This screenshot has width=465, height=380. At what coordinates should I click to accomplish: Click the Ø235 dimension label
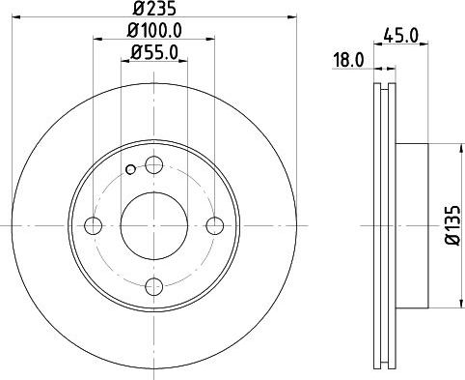[x=155, y=9]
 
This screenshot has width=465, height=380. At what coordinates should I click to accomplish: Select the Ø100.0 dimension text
[x=154, y=30]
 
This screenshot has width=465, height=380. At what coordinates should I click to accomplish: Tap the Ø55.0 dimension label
[x=154, y=52]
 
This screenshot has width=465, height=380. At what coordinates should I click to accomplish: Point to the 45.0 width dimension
[x=401, y=35]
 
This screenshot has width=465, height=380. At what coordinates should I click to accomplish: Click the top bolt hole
[x=154, y=164]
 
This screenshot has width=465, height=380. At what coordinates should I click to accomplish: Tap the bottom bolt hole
[x=154, y=286]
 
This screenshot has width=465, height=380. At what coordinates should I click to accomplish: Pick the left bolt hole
[x=94, y=225]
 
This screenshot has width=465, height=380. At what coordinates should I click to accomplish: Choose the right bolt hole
[x=215, y=225]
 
